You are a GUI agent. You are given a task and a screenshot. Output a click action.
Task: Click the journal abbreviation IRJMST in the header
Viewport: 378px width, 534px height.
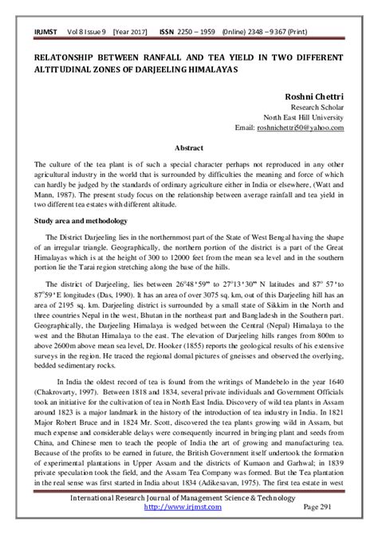click(42, 29)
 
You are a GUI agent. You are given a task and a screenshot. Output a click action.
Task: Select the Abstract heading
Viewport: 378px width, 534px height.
click(189, 148)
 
